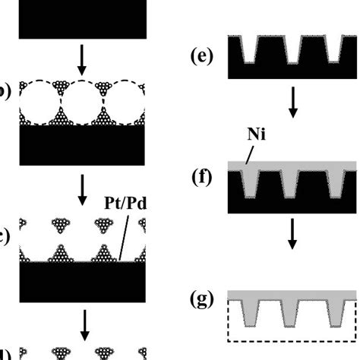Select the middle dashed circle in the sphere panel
(x=81, y=103)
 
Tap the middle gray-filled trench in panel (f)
(x=292, y=182)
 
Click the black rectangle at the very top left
(x=81, y=18)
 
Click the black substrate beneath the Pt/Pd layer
(x=81, y=284)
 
